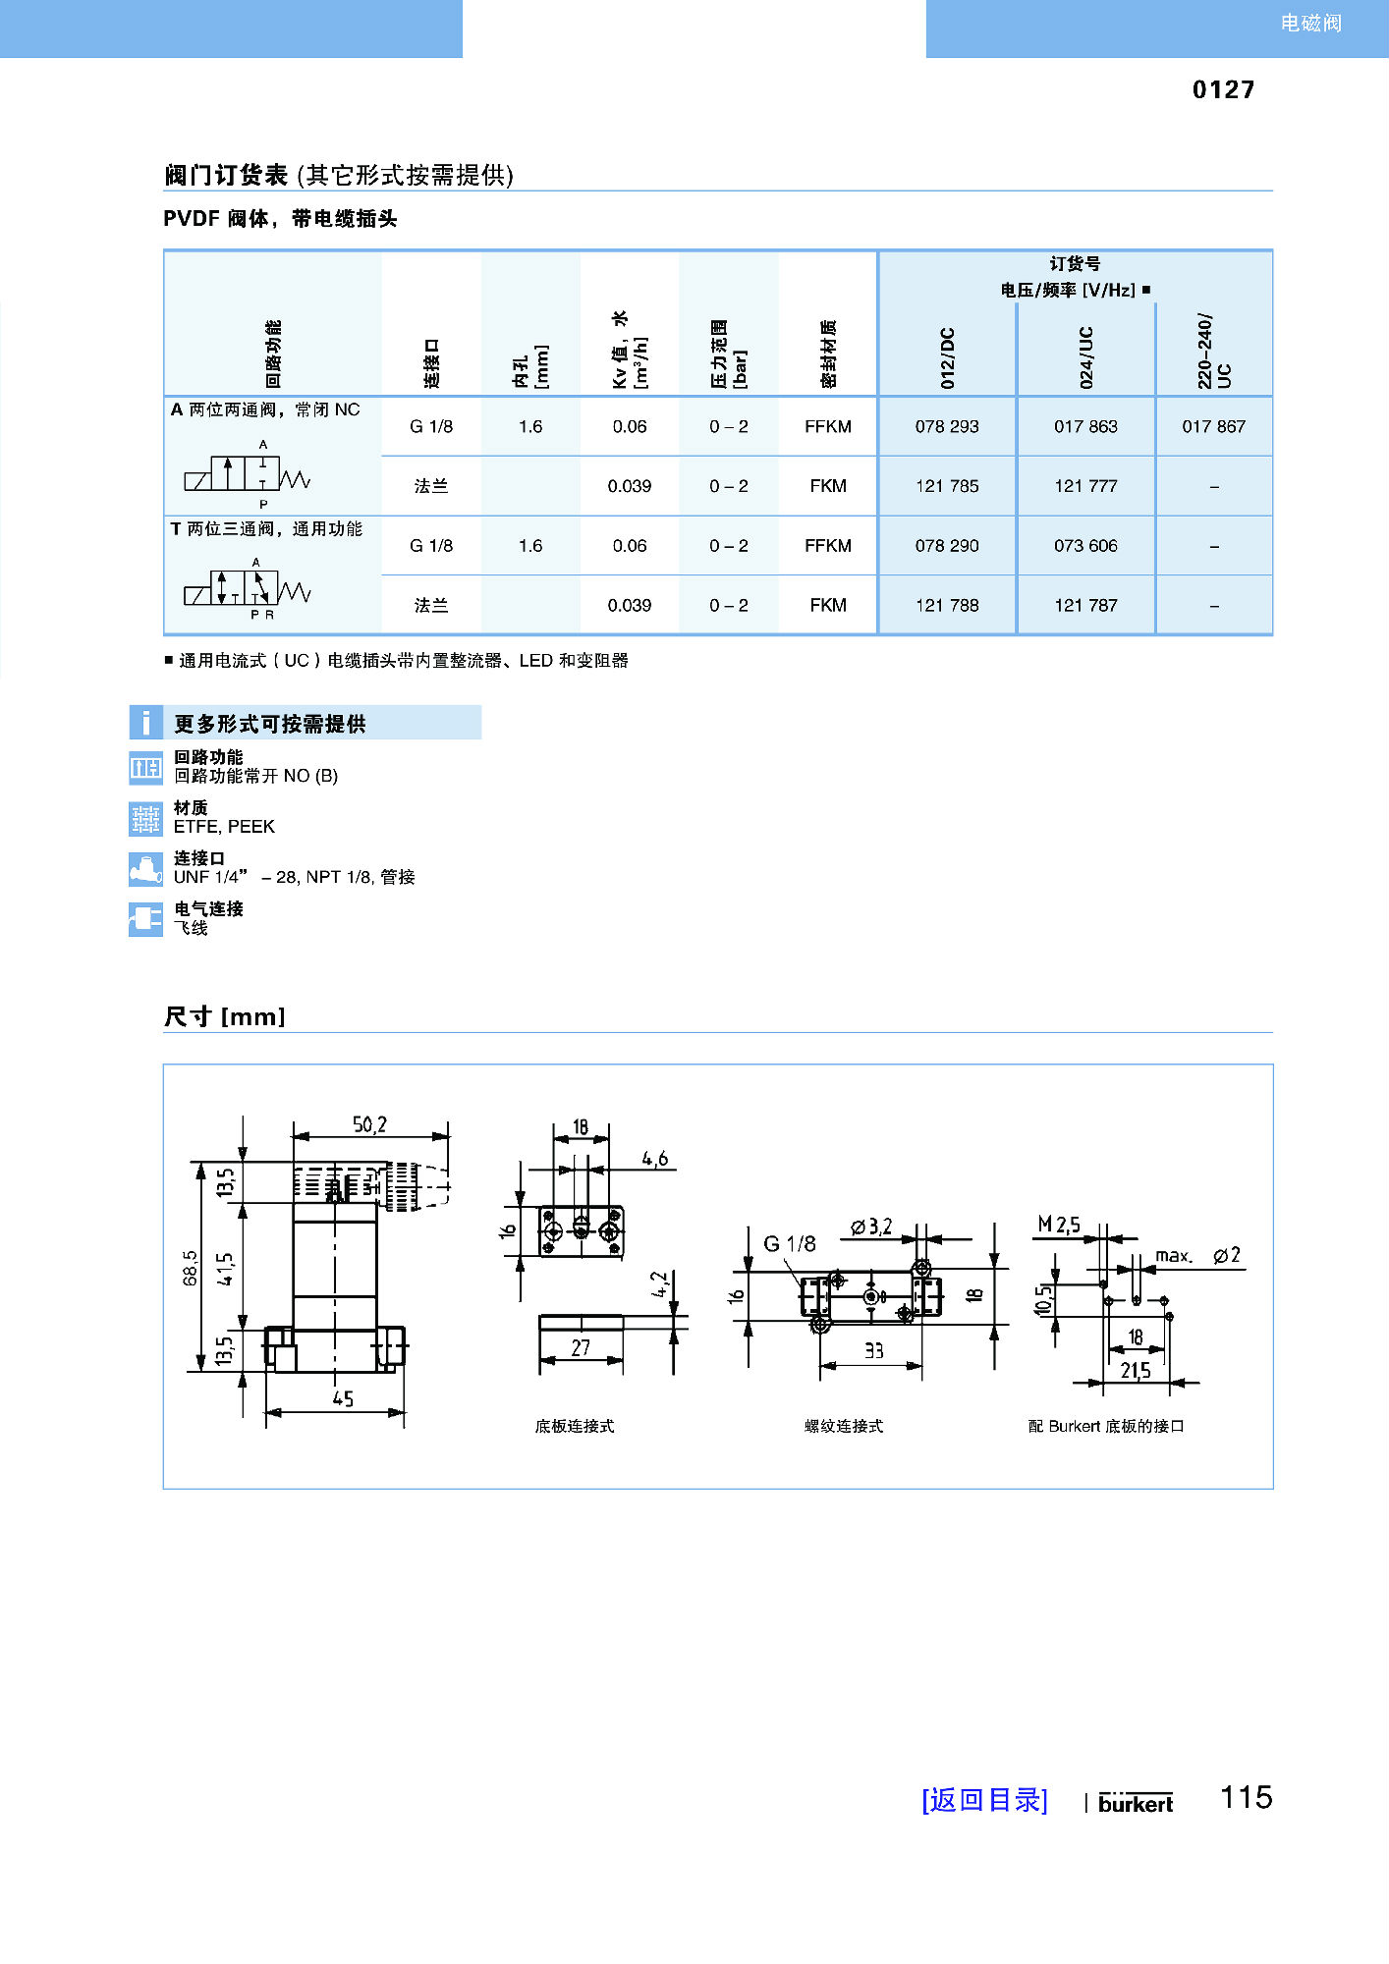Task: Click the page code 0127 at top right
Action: [x=1223, y=89]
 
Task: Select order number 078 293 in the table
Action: [x=947, y=426]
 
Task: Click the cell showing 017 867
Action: [x=1213, y=426]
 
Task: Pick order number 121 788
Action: [x=947, y=605]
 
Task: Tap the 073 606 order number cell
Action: [x=1085, y=545]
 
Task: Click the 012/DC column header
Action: [x=947, y=357]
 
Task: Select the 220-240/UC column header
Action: [x=1213, y=352]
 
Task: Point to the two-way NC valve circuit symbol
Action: [x=248, y=474]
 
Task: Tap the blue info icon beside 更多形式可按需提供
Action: [x=145, y=723]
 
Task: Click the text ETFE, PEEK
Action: [x=224, y=827]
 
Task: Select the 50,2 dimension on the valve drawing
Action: [x=369, y=1124]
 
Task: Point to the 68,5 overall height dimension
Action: [x=190, y=1267]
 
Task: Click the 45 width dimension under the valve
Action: [x=342, y=1398]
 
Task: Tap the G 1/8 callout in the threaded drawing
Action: [x=789, y=1244]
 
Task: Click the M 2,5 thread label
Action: [x=1059, y=1225]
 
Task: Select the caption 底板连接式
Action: [x=574, y=1426]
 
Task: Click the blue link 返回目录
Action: [x=984, y=1800]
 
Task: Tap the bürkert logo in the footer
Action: [x=1136, y=1803]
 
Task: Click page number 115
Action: [x=1246, y=1797]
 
